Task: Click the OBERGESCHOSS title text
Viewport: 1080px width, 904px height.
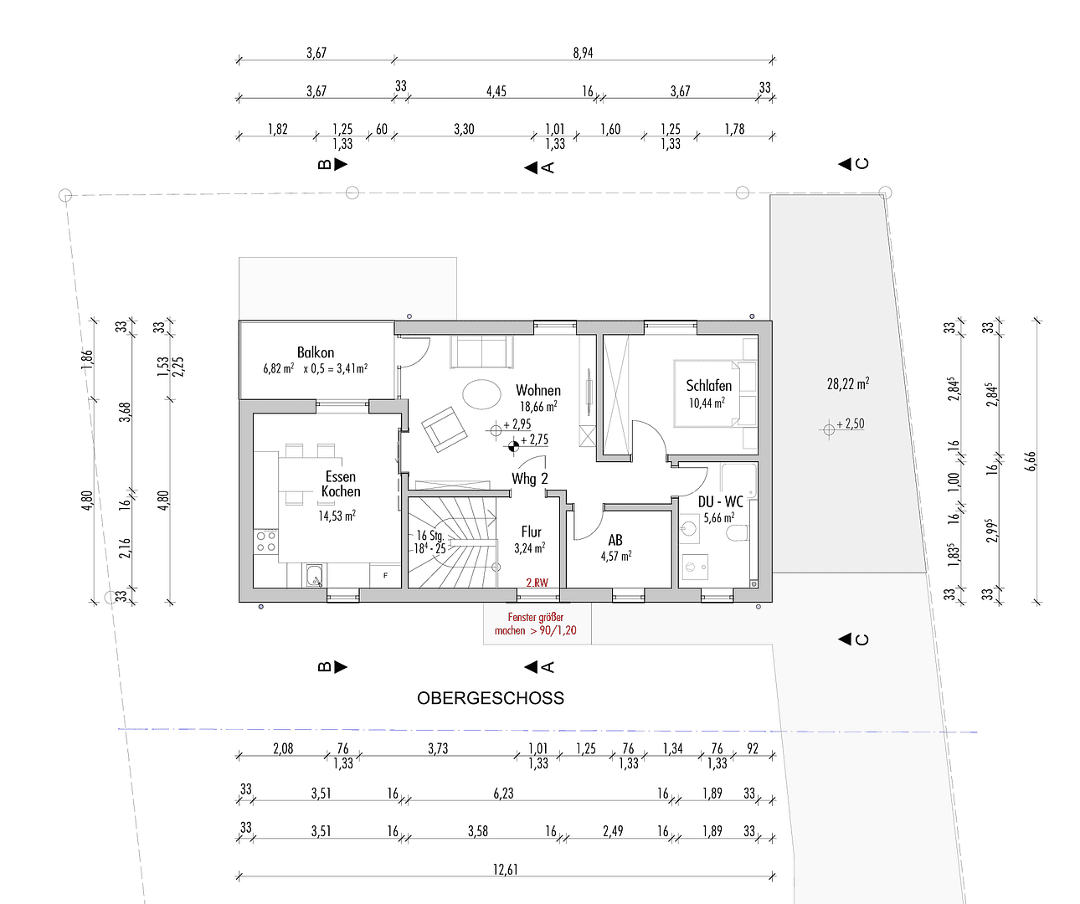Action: tap(491, 698)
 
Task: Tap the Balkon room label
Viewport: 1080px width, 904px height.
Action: tap(316, 352)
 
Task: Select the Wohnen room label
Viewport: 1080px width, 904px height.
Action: tap(538, 390)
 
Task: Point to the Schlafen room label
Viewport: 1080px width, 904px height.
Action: tap(709, 385)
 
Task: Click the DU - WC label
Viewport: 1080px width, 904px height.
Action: tap(720, 501)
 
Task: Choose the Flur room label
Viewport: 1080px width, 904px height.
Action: tap(532, 532)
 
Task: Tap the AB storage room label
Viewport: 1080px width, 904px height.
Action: tap(615, 540)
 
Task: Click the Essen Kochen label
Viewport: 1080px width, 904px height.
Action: tap(341, 485)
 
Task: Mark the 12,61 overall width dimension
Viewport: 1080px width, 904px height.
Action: tap(506, 870)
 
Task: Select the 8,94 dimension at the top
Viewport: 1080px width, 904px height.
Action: tap(583, 53)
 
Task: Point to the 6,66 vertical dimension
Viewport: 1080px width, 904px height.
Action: tap(1031, 461)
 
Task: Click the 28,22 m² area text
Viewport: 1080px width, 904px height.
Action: tap(847, 384)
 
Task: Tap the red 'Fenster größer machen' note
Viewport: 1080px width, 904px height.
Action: tap(536, 624)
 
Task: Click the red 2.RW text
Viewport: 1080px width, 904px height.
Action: tap(537, 583)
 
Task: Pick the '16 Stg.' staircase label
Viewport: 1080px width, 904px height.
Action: tap(430, 536)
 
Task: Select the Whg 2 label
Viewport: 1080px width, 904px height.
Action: tap(530, 479)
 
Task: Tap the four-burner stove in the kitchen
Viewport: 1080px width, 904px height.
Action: tap(266, 541)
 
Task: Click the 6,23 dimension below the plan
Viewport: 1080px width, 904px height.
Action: tap(503, 794)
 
